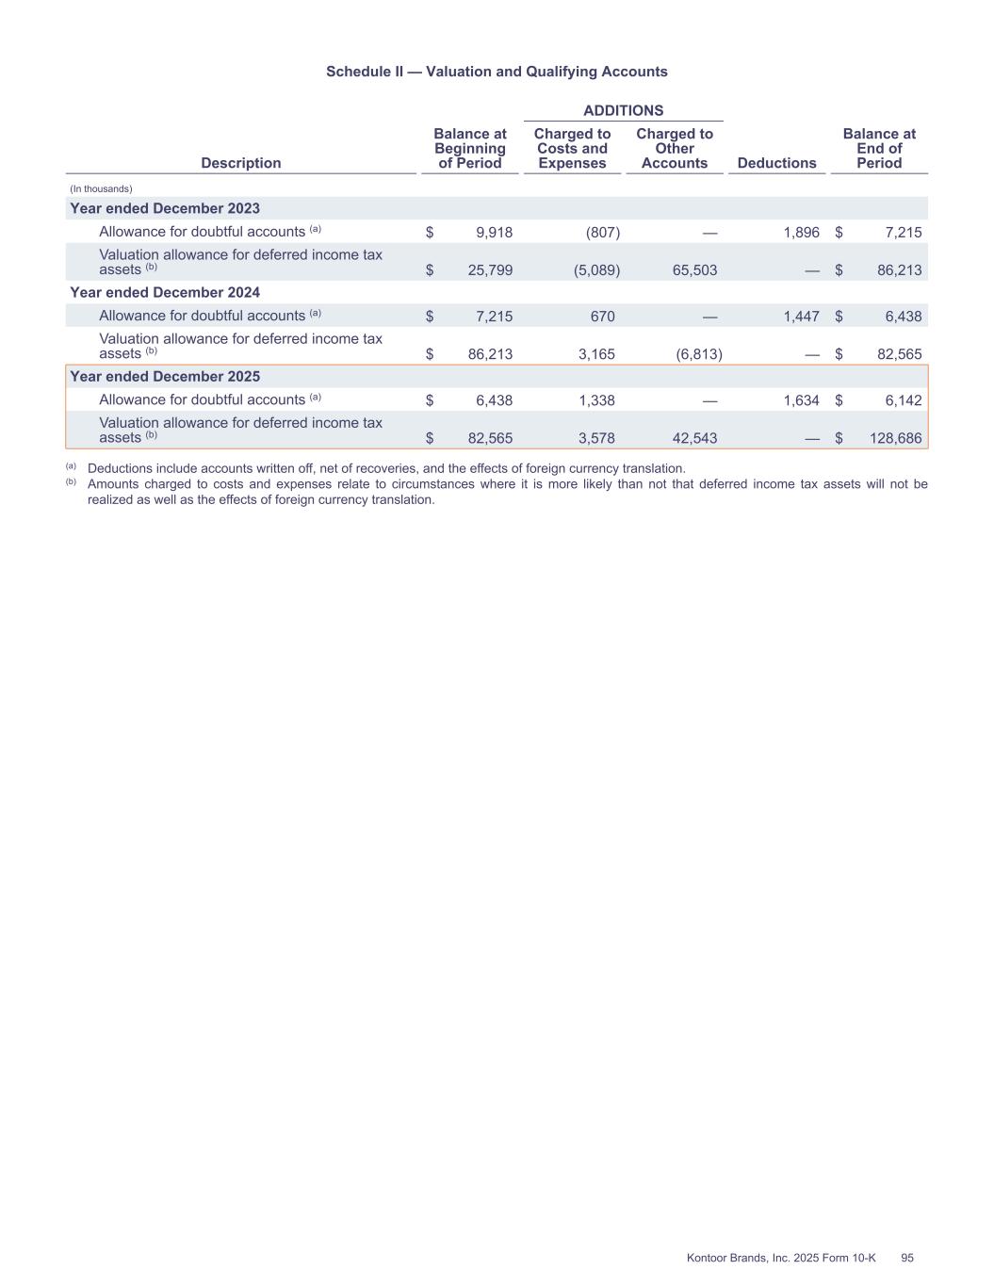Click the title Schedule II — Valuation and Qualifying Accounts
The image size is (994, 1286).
click(x=497, y=72)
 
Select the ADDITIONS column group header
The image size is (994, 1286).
click(x=623, y=110)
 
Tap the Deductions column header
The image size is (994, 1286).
click(x=776, y=163)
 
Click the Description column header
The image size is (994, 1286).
click(x=241, y=163)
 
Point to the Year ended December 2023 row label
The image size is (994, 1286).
click(x=165, y=208)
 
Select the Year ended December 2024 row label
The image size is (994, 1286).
click(x=165, y=292)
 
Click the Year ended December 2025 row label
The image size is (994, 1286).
click(x=165, y=376)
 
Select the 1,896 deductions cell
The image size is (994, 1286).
click(x=801, y=232)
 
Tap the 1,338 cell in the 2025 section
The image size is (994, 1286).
click(x=596, y=400)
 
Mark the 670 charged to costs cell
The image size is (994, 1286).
click(x=602, y=317)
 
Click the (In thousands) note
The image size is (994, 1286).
click(x=101, y=188)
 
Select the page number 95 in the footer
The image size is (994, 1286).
click(x=907, y=1258)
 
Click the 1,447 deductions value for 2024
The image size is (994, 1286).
click(x=801, y=317)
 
